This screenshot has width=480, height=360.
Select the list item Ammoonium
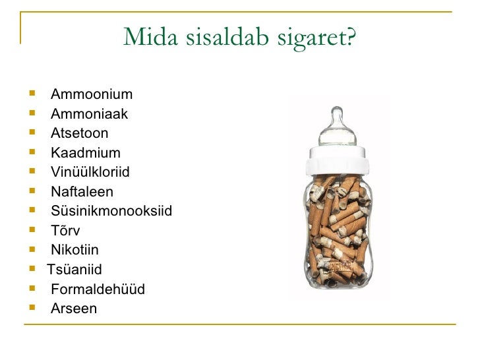[92, 94]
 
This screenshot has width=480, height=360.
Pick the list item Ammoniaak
[89, 115]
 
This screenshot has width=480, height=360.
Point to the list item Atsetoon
[80, 134]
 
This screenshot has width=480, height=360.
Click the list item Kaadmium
[86, 154]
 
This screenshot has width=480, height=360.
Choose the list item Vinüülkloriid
[90, 173]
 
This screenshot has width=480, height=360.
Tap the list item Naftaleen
[82, 192]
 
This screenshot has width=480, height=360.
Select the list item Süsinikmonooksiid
[111, 212]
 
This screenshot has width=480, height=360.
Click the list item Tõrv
[65, 231]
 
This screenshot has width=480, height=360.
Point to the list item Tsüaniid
[75, 269]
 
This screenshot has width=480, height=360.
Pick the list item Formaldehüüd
[98, 289]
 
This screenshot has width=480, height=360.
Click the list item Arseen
[73, 308]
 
